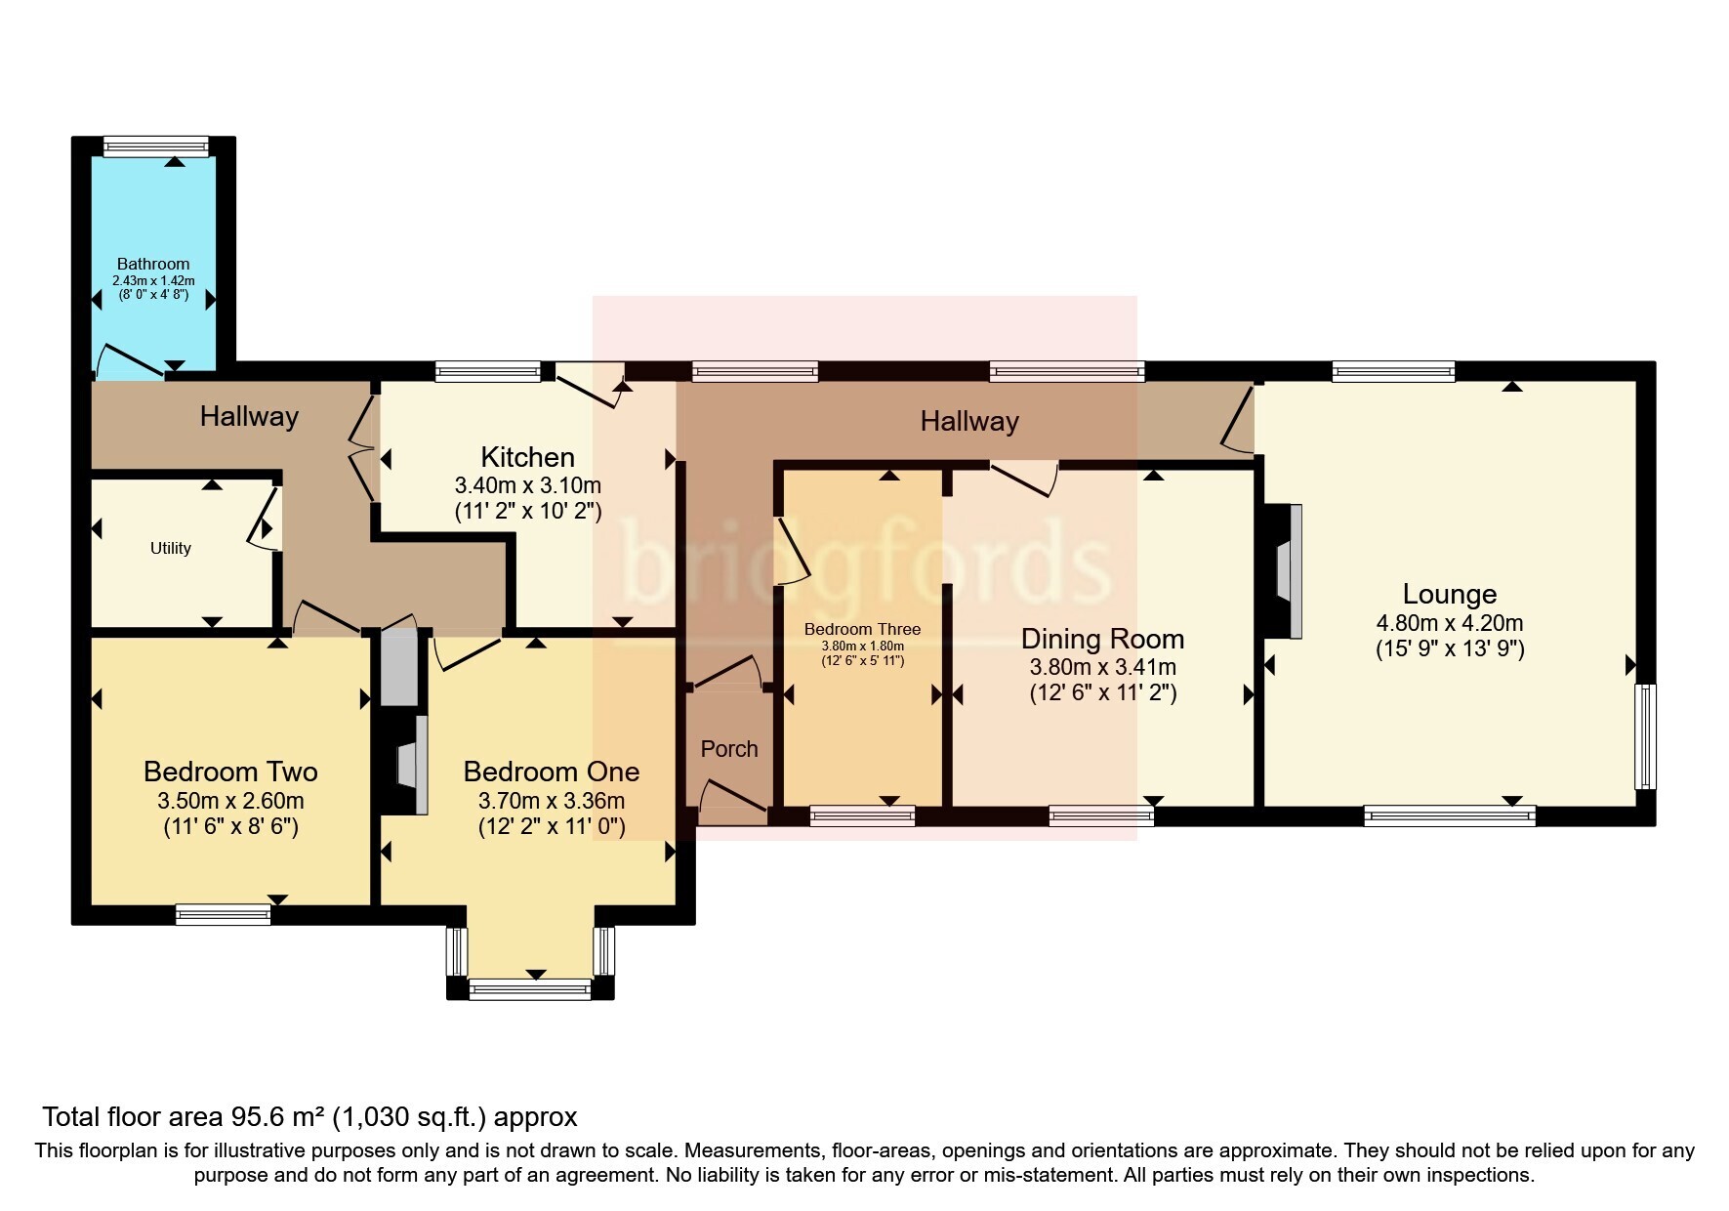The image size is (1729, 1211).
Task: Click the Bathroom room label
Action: pyautogui.click(x=153, y=264)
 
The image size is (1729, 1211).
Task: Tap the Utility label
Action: pyautogui.click(x=171, y=548)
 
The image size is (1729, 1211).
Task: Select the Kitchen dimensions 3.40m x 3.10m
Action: pyautogui.click(x=527, y=485)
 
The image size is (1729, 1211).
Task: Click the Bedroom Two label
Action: pyautogui.click(x=230, y=772)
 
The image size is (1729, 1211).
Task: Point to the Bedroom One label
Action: pyautogui.click(x=551, y=772)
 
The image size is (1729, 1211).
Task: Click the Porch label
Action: pyautogui.click(x=729, y=748)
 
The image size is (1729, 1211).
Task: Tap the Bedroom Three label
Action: pyautogui.click(x=862, y=629)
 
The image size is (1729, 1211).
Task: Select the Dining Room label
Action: pyautogui.click(x=1102, y=639)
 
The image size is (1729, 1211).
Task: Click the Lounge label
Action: pyautogui.click(x=1449, y=594)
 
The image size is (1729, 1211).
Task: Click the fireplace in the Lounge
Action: pyautogui.click(x=1288, y=571)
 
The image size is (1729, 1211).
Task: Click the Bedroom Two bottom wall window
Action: pyautogui.click(x=223, y=914)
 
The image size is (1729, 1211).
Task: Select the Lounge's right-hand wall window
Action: pyautogui.click(x=1645, y=736)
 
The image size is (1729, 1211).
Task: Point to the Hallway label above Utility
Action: pyautogui.click(x=249, y=417)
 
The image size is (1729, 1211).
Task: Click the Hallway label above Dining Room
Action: pyautogui.click(x=969, y=422)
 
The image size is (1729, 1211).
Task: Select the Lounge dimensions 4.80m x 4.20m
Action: pyautogui.click(x=1449, y=623)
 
